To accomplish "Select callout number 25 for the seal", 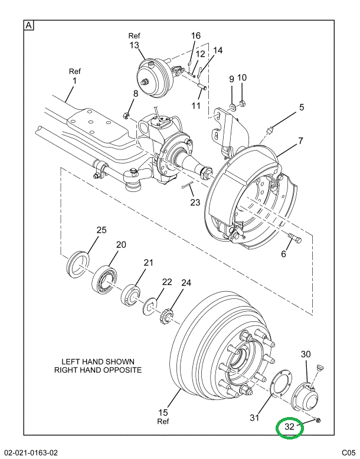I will click(101, 230).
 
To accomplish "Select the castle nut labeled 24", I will click(166, 316).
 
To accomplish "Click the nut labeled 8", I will click(127, 115).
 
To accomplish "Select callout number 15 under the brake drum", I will click(163, 412).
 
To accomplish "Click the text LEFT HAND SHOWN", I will click(98, 362).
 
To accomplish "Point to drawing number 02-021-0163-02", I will click(31, 453).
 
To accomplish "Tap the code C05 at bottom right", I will click(346, 453).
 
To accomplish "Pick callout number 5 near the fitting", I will click(301, 108).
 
